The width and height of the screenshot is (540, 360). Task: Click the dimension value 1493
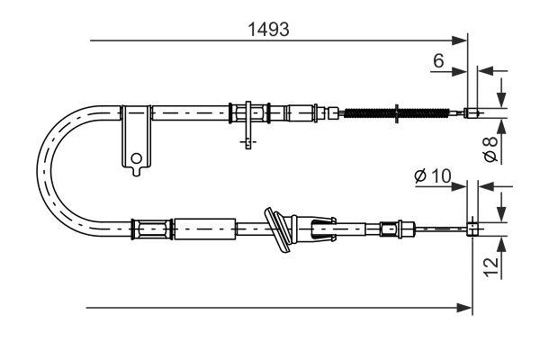[x=268, y=29]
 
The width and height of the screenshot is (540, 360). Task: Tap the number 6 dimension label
[x=438, y=60]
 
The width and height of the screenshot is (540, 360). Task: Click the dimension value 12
[x=490, y=267]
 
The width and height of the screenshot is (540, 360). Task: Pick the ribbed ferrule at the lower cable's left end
[x=148, y=229]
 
